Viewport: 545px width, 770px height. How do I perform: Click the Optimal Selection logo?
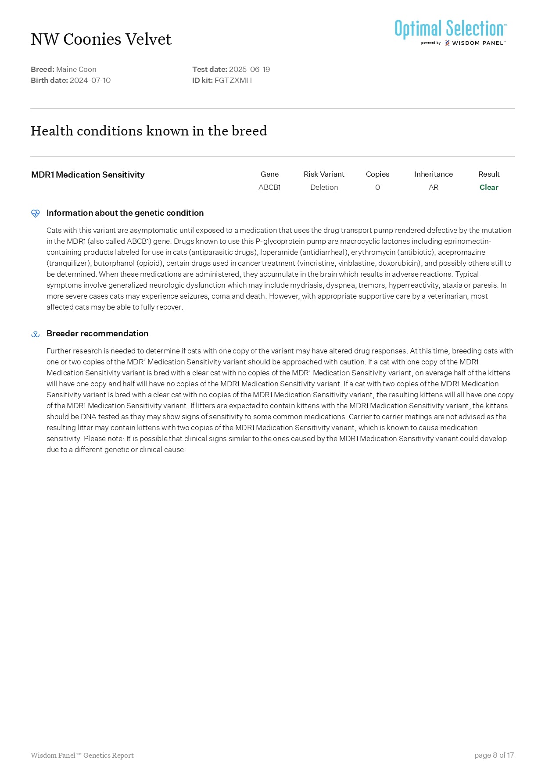(x=451, y=32)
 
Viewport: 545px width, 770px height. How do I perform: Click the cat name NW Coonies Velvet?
(x=101, y=39)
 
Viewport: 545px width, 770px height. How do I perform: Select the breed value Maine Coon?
(x=76, y=69)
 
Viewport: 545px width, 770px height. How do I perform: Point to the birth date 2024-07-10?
(x=90, y=80)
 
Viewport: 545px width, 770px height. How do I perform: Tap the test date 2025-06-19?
(x=249, y=69)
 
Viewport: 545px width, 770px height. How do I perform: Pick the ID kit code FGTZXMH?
(x=233, y=80)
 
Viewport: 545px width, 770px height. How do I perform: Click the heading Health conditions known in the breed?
(x=149, y=131)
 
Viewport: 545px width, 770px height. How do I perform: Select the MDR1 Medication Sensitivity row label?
(x=88, y=175)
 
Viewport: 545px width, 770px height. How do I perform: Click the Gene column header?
(x=269, y=174)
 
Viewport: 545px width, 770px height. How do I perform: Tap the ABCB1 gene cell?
(x=269, y=187)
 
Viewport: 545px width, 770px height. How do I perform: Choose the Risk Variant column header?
(x=324, y=174)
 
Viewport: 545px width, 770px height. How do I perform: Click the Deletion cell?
(x=324, y=187)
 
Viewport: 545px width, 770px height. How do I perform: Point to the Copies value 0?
(x=377, y=187)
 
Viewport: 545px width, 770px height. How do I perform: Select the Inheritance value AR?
(x=433, y=187)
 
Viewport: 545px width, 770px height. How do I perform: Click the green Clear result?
(x=489, y=187)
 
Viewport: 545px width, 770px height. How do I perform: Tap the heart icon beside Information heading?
(x=36, y=214)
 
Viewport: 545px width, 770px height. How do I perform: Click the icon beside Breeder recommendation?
(x=36, y=334)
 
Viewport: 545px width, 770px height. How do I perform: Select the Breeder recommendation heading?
(x=97, y=334)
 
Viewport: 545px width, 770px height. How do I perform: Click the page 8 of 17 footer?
(x=494, y=755)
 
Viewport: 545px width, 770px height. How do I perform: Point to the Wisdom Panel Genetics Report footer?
(x=82, y=755)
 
